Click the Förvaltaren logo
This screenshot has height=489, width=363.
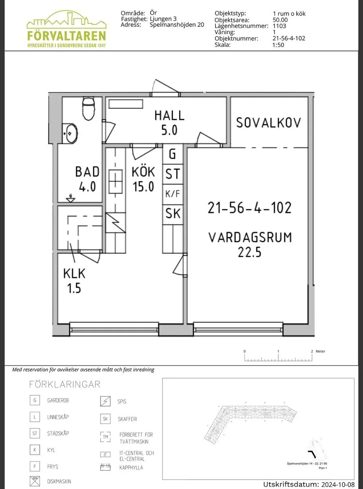coord(66,29)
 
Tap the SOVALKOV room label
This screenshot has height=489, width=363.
coord(268,122)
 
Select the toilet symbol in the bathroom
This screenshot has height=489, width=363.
coord(88,110)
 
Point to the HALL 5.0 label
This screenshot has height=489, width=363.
coord(169,122)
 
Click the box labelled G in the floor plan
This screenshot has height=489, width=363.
coord(172,154)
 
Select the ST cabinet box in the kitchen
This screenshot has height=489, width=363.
coord(172,174)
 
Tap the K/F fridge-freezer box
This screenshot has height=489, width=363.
coord(172,194)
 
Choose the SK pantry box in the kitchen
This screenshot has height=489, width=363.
coord(172,214)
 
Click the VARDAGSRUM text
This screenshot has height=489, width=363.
coord(250,237)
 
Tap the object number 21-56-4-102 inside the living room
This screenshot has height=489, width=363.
coord(249,208)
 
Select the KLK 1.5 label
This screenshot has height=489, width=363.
coord(74,280)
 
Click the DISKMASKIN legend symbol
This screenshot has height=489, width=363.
coord(35,481)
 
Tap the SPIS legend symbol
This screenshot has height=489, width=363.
coord(106,401)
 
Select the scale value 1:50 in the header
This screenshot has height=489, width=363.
coord(278,45)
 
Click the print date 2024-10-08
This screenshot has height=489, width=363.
coord(338,485)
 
